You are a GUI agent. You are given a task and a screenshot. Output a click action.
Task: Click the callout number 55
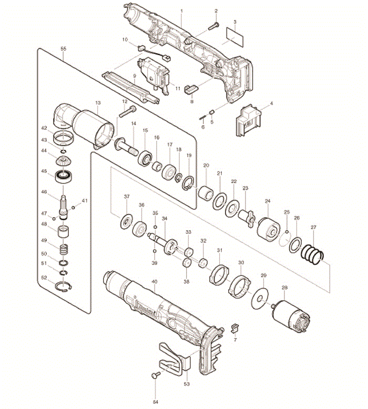click(x=63, y=49)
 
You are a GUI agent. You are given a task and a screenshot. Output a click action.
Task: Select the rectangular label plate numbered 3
click(x=235, y=37)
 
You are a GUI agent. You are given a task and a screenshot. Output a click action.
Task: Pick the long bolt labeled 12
click(x=128, y=111)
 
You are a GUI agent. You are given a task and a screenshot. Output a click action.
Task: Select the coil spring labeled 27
click(x=312, y=254)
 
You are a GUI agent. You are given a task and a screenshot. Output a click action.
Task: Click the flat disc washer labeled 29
click(x=260, y=299)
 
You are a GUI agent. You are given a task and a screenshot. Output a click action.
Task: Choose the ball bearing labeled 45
click(x=64, y=177)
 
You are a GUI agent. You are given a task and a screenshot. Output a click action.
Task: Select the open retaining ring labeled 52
click(x=64, y=287)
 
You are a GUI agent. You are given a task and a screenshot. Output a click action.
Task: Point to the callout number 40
click(x=155, y=282)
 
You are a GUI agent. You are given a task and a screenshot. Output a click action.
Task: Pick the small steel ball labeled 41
click(x=74, y=208)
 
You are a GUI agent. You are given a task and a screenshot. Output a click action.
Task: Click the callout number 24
click(x=268, y=201)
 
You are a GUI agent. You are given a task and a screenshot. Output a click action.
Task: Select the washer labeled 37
click(x=127, y=222)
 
